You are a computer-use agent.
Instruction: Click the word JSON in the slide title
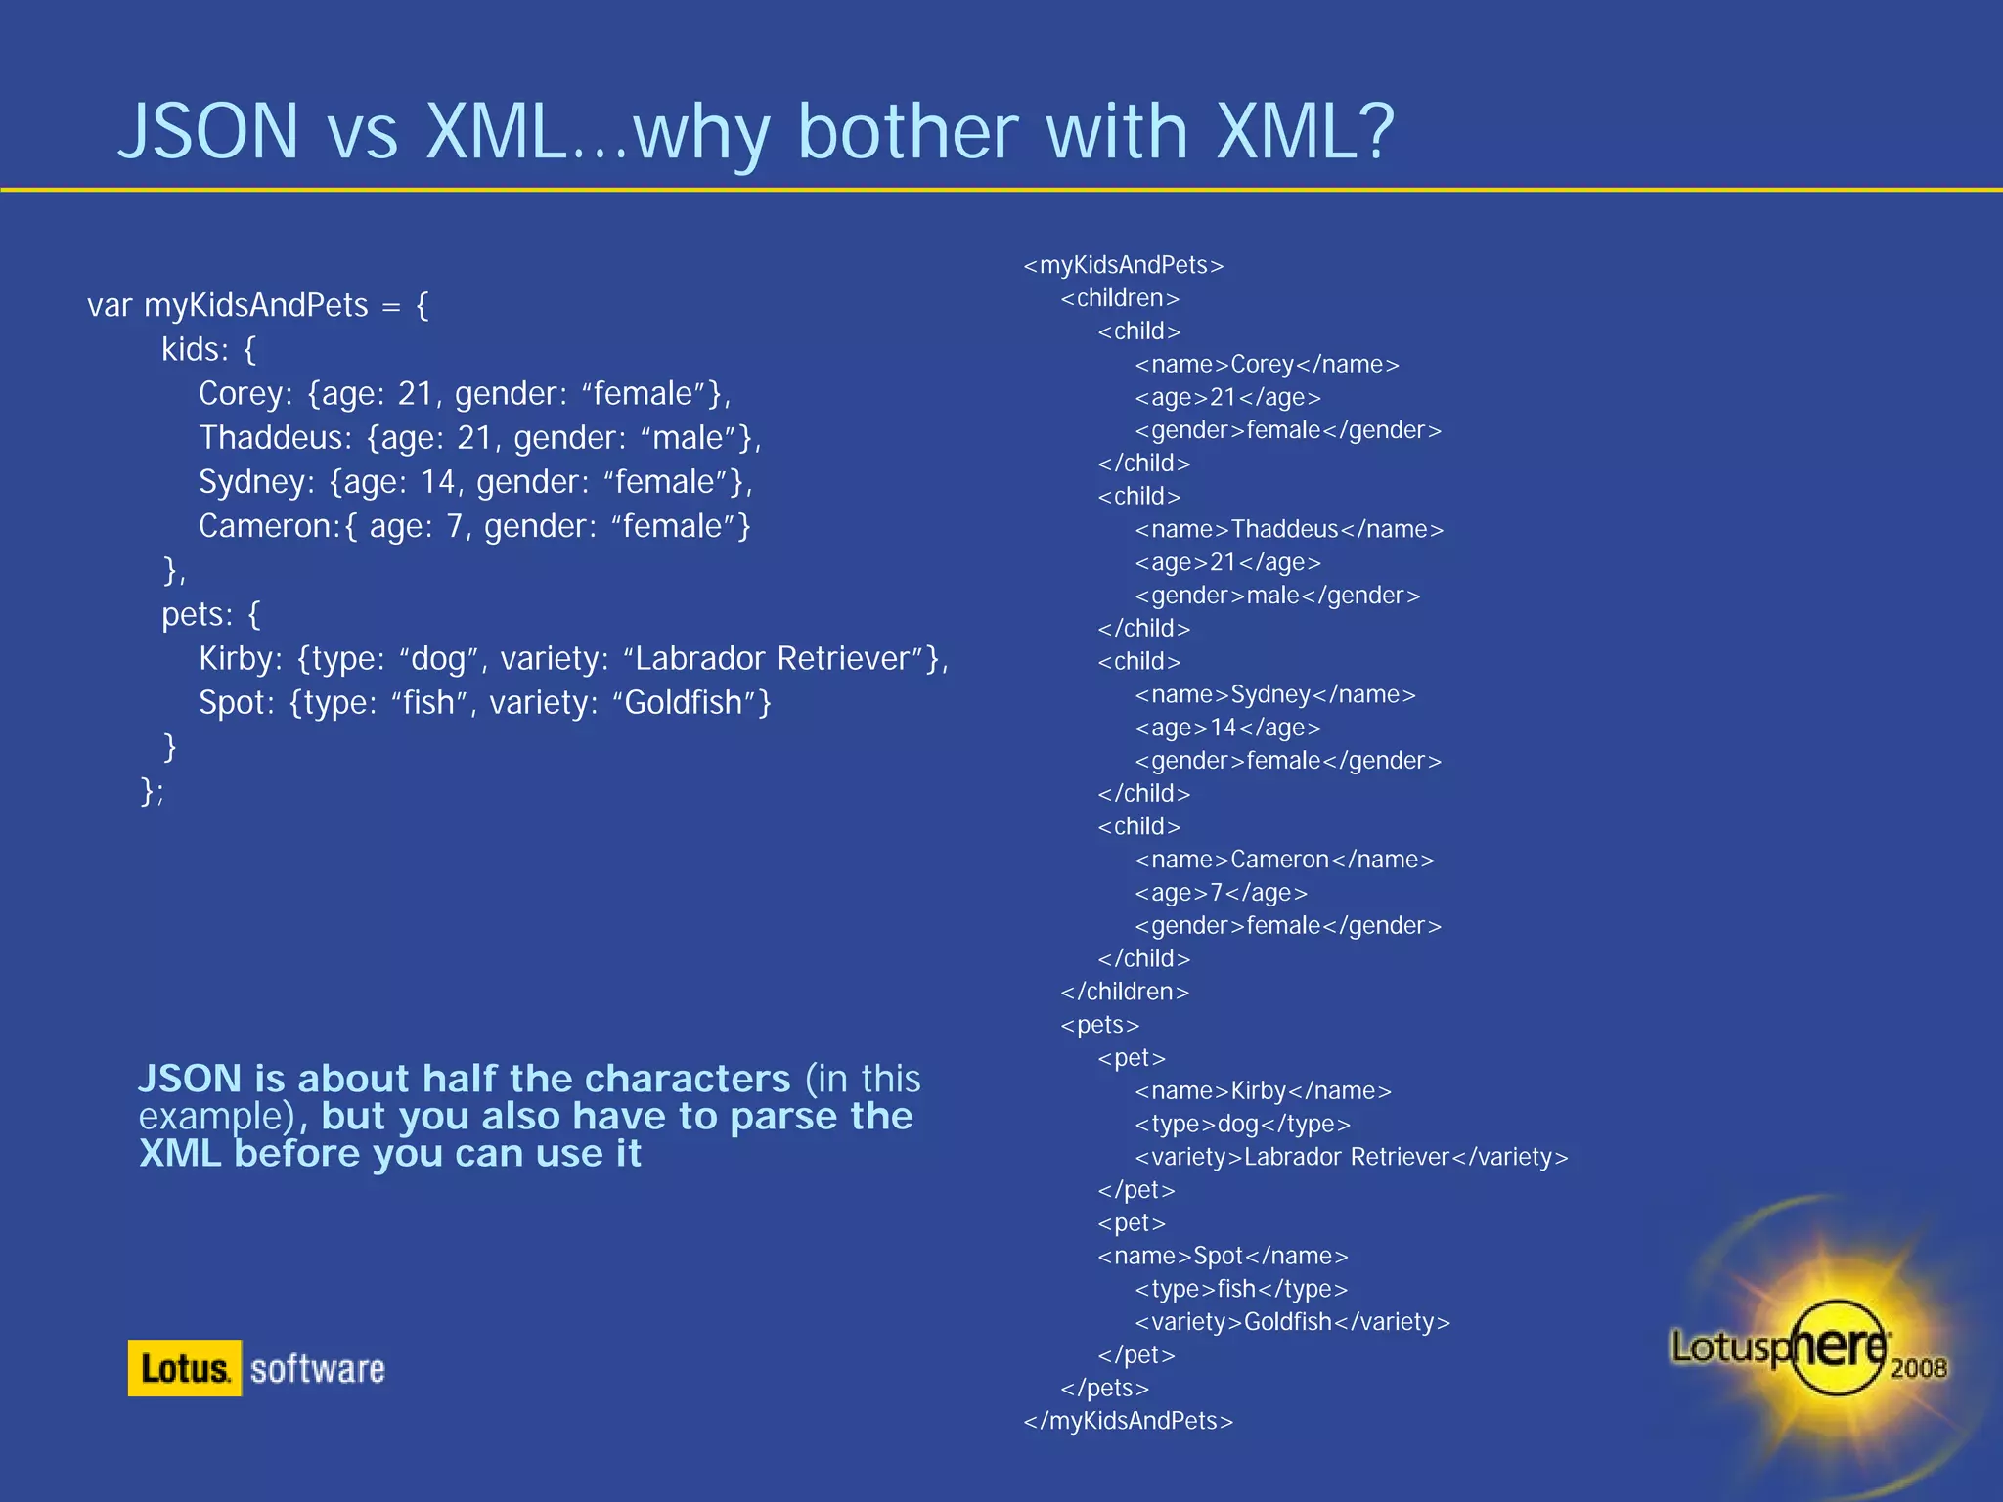208,132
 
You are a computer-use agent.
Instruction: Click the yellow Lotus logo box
184,1368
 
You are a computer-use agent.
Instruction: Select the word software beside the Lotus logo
318,1369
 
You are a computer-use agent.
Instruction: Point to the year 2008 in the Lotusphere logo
1918,1368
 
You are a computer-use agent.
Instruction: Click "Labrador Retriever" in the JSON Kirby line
775,659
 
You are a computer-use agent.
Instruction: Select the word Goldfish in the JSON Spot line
685,703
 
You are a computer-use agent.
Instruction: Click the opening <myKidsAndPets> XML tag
1123,265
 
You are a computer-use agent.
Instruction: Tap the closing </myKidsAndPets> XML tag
1128,1421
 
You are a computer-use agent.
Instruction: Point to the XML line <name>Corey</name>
1267,365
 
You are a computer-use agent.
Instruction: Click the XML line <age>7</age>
1221,893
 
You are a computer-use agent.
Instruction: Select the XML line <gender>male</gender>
1277,596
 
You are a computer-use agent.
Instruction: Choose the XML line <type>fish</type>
1241,1289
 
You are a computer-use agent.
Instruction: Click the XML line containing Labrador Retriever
1351,1157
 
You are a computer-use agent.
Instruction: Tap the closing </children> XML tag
1125,992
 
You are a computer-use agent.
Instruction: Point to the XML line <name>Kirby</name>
1263,1091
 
